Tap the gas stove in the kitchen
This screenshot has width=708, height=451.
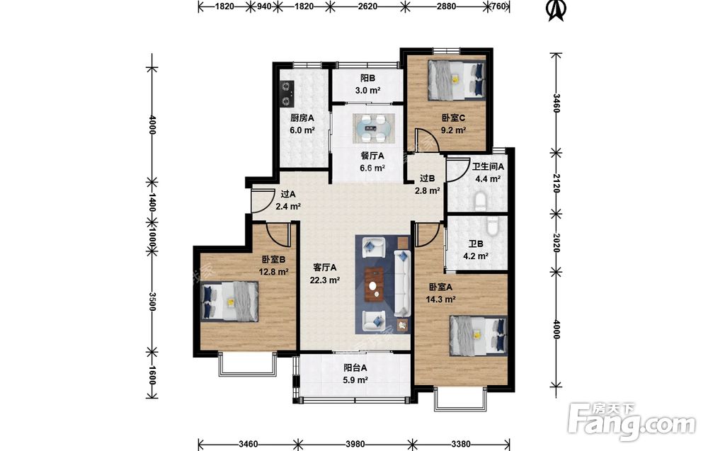(286, 93)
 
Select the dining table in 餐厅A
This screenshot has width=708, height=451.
(373, 127)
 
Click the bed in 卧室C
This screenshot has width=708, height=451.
(455, 79)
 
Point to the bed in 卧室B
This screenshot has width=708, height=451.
(229, 302)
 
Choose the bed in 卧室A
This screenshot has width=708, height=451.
(478, 335)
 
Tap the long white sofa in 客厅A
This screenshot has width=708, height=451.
(401, 283)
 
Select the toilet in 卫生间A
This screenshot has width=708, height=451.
(481, 201)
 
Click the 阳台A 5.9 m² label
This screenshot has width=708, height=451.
(355, 374)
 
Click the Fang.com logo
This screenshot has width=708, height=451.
(632, 421)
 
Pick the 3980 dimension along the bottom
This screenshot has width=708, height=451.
(355, 444)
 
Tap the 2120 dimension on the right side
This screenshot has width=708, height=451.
(556, 183)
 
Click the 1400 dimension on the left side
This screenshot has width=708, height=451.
(152, 202)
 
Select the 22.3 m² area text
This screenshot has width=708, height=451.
(325, 280)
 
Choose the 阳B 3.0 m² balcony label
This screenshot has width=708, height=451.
(367, 84)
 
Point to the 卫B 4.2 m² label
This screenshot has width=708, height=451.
(476, 250)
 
